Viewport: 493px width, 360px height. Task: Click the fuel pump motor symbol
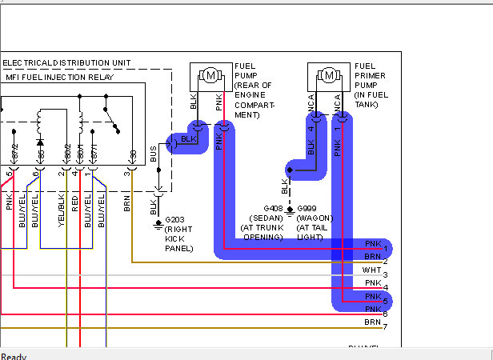211,76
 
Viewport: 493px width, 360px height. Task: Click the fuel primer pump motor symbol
329,76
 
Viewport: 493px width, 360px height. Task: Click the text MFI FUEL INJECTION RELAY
58,77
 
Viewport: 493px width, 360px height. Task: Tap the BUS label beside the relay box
154,154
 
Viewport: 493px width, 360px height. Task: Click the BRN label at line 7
373,322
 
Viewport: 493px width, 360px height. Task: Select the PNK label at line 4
373,283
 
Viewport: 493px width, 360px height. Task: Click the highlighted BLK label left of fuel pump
188,139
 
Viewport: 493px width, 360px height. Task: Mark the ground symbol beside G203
158,223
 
